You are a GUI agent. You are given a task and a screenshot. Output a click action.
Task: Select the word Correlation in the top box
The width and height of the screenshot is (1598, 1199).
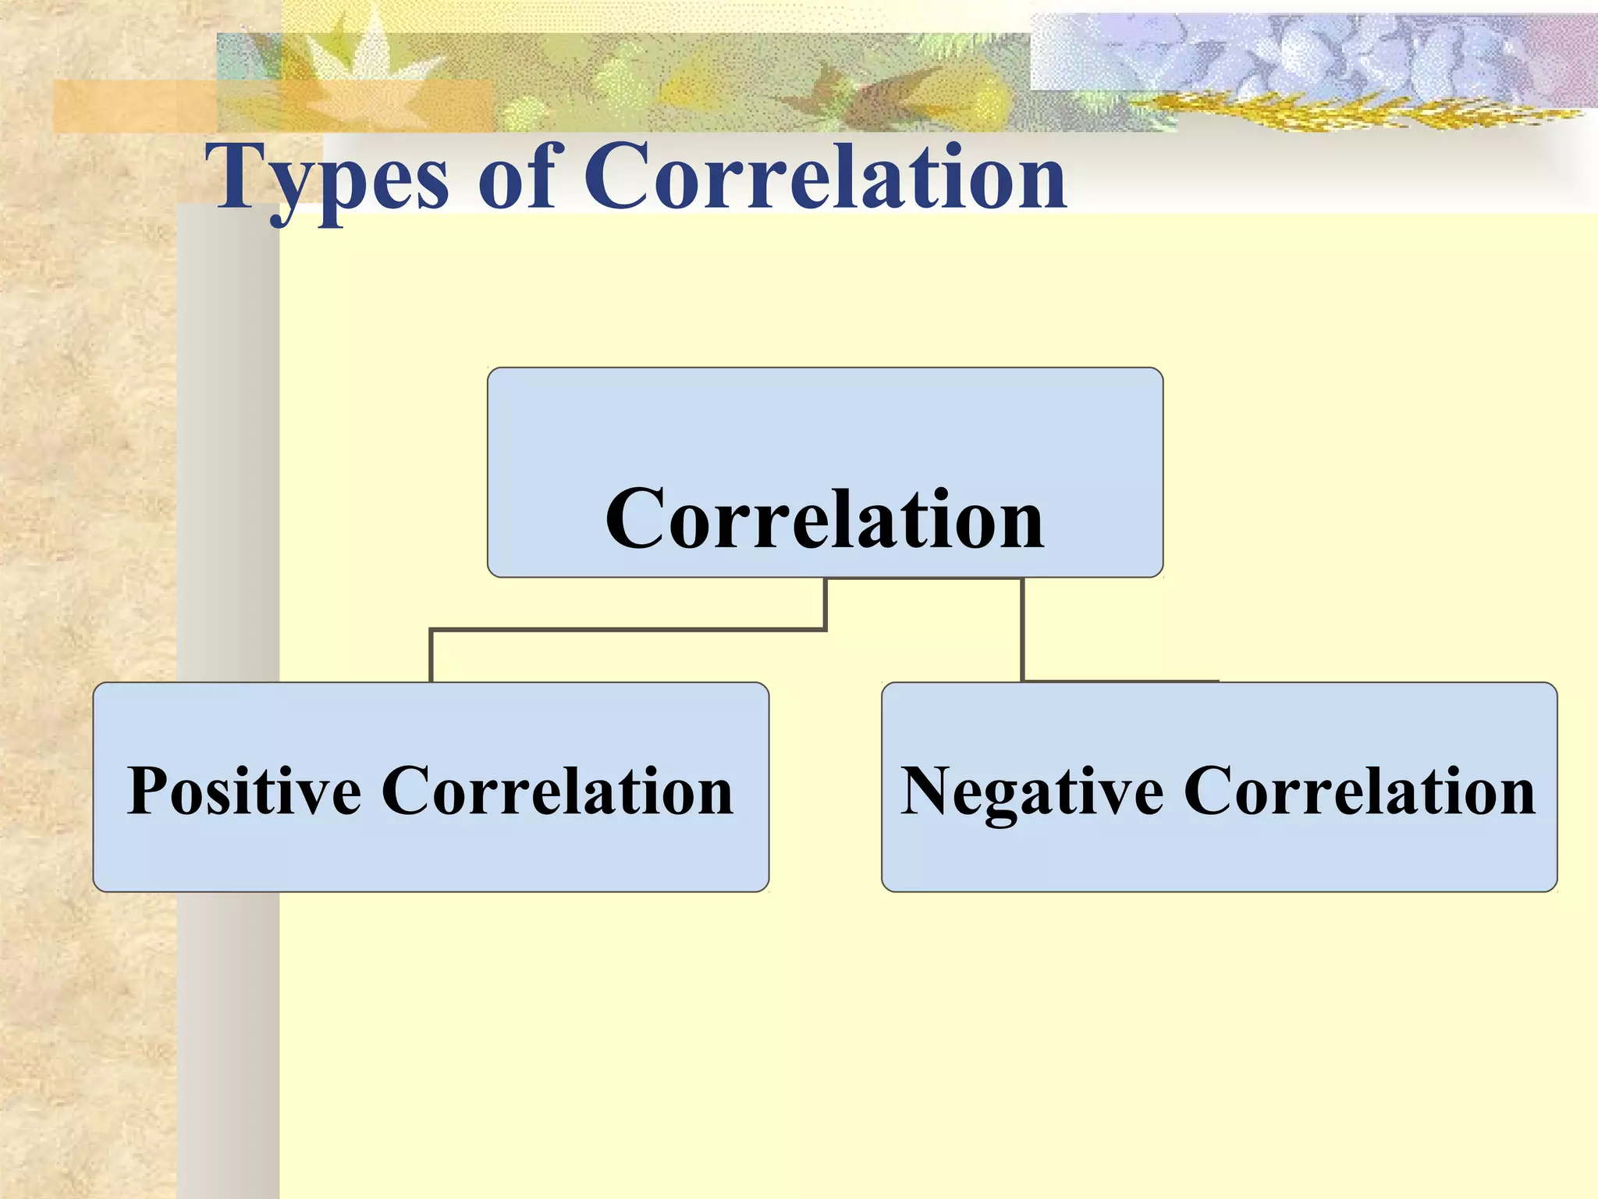pos(825,518)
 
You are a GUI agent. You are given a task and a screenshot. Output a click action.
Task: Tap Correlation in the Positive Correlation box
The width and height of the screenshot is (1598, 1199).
pos(558,791)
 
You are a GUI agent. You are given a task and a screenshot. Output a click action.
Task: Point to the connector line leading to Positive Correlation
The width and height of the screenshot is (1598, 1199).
pos(624,629)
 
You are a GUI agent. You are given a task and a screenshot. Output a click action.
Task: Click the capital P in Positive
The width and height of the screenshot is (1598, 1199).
pos(153,790)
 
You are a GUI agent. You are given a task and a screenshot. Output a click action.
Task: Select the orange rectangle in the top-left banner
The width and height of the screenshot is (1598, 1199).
pos(133,106)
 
